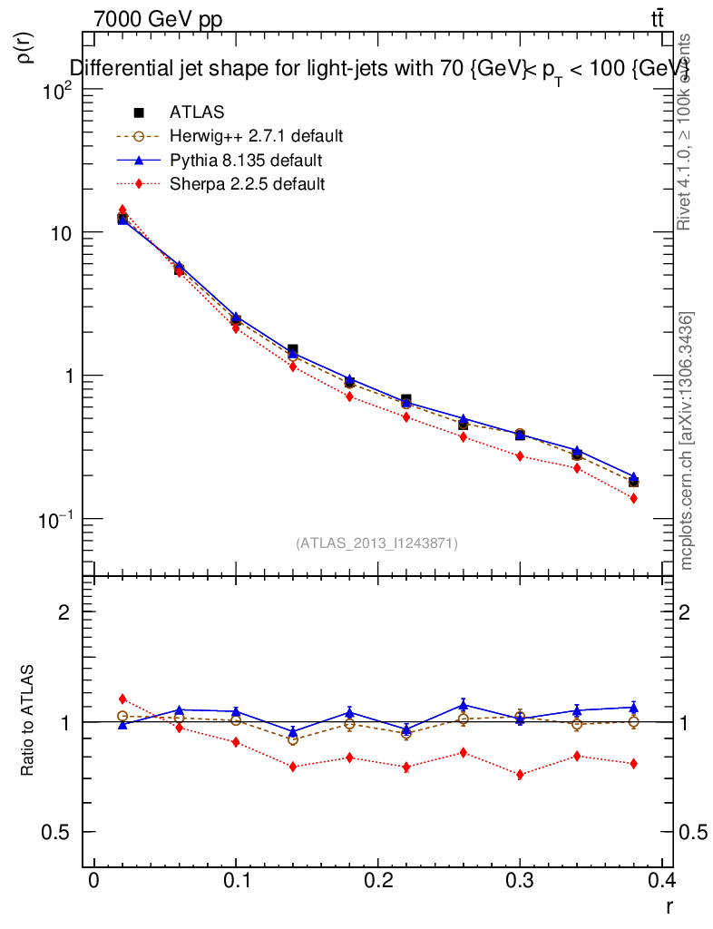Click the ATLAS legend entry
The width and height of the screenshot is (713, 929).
196,112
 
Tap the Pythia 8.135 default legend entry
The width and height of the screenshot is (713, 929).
245,161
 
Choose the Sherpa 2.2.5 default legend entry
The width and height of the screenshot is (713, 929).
248,184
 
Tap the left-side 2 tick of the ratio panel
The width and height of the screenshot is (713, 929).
64,612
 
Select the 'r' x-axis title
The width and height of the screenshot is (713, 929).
669,905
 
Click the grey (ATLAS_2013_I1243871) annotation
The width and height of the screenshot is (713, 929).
376,543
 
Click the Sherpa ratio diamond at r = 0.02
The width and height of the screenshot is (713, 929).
122,699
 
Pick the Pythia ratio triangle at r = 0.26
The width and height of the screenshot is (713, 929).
463,705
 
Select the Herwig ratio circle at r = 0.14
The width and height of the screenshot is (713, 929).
292,739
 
